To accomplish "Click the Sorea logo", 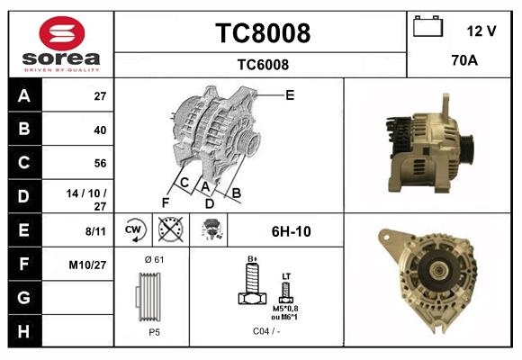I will (x=61, y=44).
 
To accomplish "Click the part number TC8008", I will (x=262, y=33).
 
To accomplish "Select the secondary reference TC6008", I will (x=262, y=64).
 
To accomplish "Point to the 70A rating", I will (x=463, y=61).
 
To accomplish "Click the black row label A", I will (x=24, y=95).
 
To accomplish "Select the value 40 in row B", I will (x=99, y=130).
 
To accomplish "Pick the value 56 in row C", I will (x=99, y=163).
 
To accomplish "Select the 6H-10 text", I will (x=291, y=231).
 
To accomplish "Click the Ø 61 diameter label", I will (x=153, y=260).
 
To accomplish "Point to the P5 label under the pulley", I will (x=154, y=331).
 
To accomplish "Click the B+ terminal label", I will (x=253, y=259).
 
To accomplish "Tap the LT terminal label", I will (x=286, y=275).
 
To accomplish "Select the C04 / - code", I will (x=265, y=331).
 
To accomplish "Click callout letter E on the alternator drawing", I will (x=290, y=94).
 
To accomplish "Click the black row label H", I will (x=24, y=331).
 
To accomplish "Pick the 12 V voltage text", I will (x=481, y=31).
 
